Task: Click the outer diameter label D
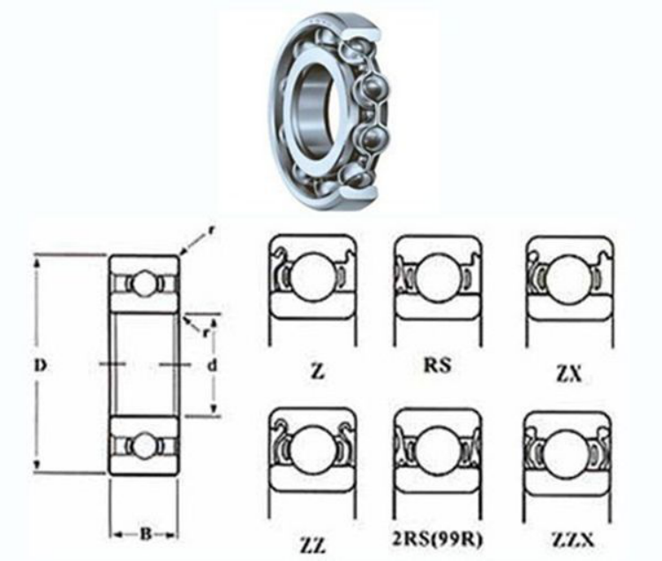41,366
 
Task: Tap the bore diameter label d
213,365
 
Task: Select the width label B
146,534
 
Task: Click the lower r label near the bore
205,332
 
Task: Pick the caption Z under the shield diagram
318,371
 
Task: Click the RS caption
438,365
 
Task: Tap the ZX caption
568,374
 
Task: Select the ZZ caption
312,545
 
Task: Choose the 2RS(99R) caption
438,540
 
